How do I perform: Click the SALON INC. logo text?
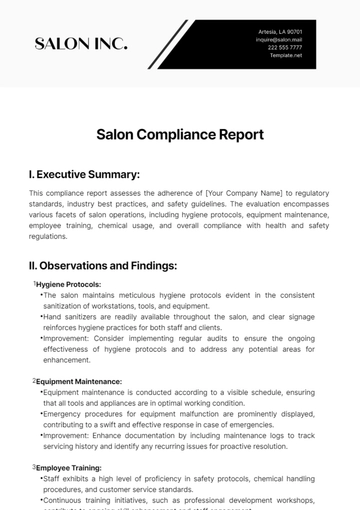click(x=81, y=43)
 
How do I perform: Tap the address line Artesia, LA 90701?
click(x=280, y=32)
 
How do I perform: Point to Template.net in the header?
click(x=285, y=56)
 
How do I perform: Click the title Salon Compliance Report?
click(x=180, y=133)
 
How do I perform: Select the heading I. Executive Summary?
click(x=84, y=173)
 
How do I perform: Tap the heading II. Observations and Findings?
click(x=103, y=265)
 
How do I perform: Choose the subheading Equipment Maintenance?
click(x=80, y=381)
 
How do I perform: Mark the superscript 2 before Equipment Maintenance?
click(x=35, y=380)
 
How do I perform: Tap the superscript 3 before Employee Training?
click(x=35, y=466)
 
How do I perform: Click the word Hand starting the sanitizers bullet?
click(x=51, y=315)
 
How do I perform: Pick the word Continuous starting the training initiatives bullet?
click(x=60, y=497)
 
